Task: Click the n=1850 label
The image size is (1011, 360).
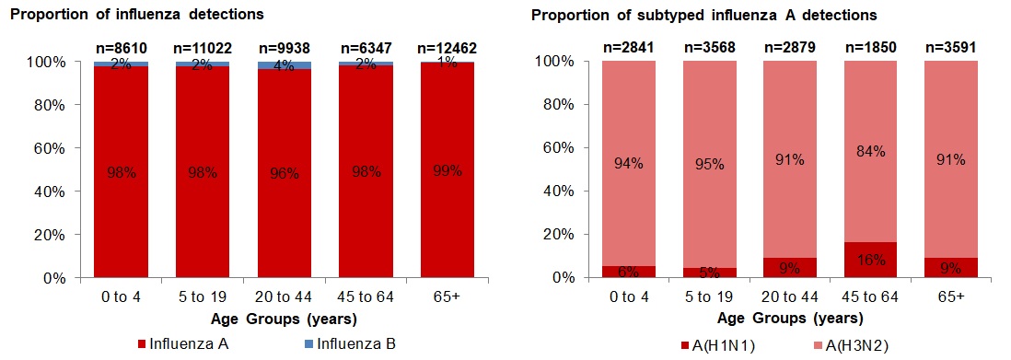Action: point(869,47)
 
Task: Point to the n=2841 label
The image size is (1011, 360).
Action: point(626,47)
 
